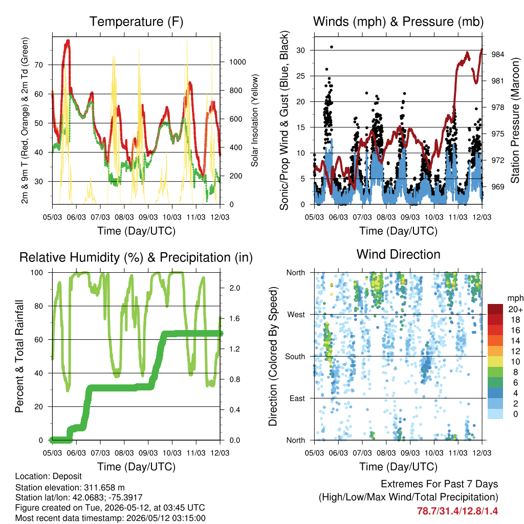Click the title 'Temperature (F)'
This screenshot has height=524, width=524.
pos(136,21)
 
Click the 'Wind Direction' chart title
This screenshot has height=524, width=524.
pos(398,254)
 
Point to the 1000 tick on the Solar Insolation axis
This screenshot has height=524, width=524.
pos(237,62)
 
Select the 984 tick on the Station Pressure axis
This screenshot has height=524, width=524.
pos(497,54)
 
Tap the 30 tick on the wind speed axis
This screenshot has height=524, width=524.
pos(301,51)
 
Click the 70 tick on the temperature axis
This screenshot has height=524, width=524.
pos(39,65)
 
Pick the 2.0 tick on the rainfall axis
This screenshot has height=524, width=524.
pos(234,288)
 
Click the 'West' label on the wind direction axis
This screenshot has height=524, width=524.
pos(296,315)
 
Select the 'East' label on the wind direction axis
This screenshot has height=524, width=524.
pos(297,398)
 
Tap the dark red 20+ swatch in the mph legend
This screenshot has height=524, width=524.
pos(495,309)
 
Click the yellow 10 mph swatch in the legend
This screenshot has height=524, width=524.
pos(495,362)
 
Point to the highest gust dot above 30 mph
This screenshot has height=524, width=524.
pos(332,47)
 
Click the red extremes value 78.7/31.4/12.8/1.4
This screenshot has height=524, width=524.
pos(457,511)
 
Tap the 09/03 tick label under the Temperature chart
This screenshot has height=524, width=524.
pos(148,217)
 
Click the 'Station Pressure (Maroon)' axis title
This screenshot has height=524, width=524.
pos(515,120)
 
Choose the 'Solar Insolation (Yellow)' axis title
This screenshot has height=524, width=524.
pos(255,120)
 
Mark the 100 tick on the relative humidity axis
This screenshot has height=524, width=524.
pos(37,273)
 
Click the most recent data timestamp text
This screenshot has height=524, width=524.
pos(111,518)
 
